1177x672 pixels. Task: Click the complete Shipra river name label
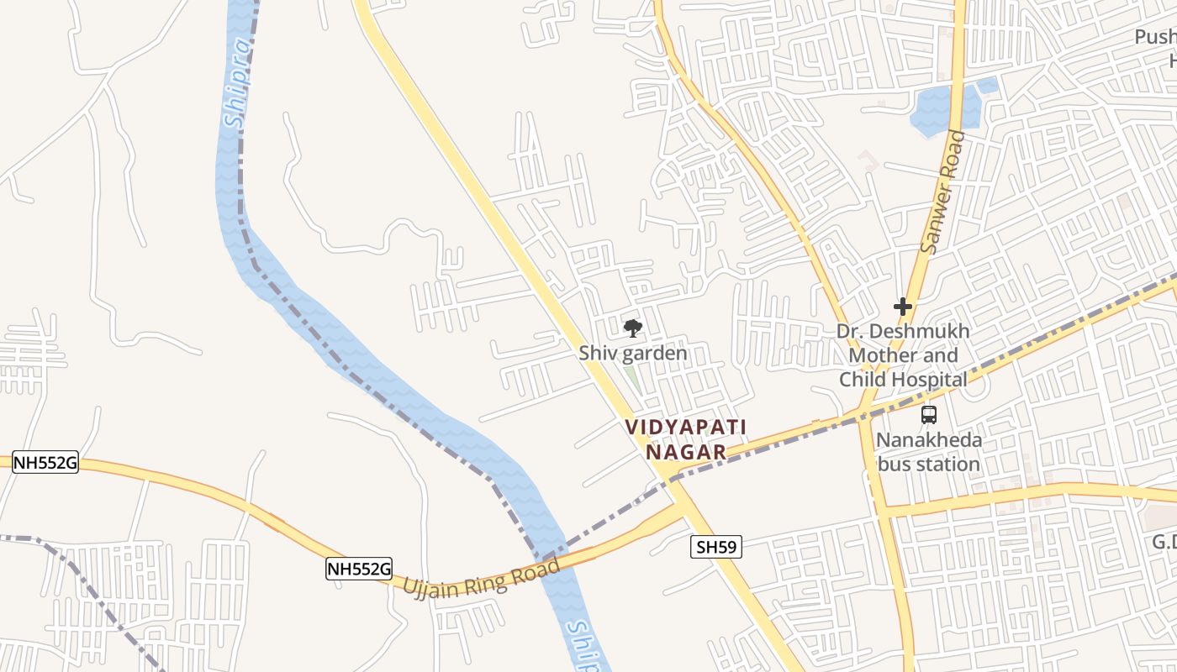(x=239, y=82)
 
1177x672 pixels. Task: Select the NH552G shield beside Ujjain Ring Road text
(x=359, y=569)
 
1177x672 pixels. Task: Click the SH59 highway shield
(x=716, y=548)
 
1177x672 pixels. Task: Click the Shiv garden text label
(x=632, y=353)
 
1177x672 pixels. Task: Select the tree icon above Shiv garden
(x=632, y=328)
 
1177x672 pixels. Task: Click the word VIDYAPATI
(x=686, y=427)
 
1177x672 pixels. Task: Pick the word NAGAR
(x=685, y=452)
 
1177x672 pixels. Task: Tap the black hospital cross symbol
(x=903, y=307)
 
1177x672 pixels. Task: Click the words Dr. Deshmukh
(x=902, y=331)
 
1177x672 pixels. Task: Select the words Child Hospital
(x=903, y=380)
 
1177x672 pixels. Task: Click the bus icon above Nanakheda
(x=928, y=414)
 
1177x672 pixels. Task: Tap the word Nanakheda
(x=928, y=439)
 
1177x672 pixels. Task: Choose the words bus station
(x=928, y=464)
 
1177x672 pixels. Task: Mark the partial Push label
(x=1155, y=37)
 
